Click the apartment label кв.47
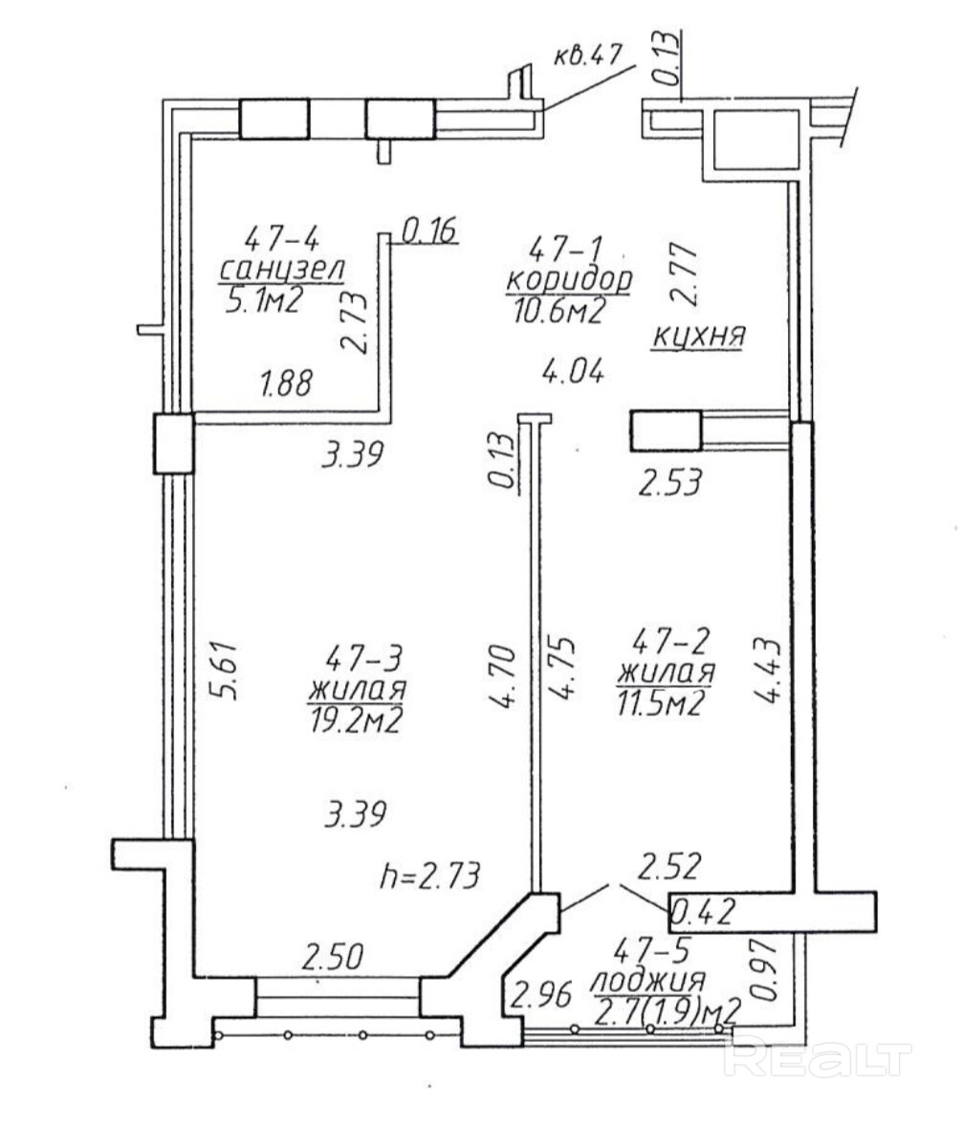click(x=586, y=56)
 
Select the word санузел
click(x=282, y=271)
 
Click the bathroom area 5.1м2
click(x=263, y=302)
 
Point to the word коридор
click(x=569, y=280)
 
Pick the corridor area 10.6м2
click(x=558, y=312)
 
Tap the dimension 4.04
click(x=572, y=372)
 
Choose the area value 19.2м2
click(x=354, y=720)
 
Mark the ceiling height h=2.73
click(x=428, y=877)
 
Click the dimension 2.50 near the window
click(x=333, y=958)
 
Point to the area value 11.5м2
click(x=659, y=704)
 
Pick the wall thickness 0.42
click(x=703, y=912)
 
